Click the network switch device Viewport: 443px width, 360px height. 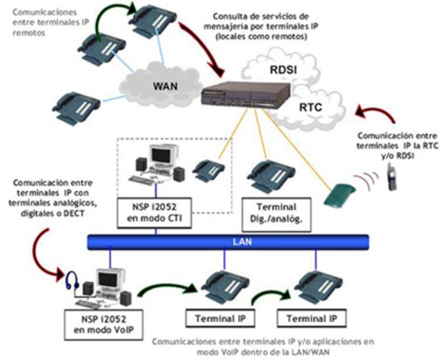(247, 96)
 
